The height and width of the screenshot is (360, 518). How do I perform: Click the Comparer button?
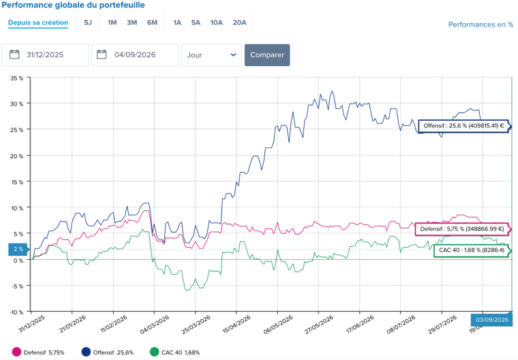[267, 55]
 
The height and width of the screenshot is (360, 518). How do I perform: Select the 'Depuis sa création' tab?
[38, 22]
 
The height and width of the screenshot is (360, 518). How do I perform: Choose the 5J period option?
[87, 22]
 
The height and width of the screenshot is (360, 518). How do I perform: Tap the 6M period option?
[152, 22]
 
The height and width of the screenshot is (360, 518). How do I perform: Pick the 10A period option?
[216, 22]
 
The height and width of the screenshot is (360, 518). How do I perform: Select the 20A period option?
[239, 22]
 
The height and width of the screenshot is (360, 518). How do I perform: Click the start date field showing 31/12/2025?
[45, 55]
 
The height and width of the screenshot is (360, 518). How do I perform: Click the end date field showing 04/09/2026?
[135, 55]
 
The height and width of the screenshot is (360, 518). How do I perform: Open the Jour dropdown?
[211, 55]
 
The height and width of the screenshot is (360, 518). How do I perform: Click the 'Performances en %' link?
[481, 25]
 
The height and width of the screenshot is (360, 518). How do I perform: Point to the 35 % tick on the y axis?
[17, 78]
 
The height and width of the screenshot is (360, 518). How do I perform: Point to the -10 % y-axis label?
[16, 312]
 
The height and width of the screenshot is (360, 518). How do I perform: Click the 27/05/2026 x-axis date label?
[318, 325]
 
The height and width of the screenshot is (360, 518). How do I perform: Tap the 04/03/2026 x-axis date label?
[154, 325]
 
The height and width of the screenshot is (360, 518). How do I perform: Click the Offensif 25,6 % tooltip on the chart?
[465, 126]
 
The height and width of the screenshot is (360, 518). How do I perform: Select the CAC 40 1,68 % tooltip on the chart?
[472, 250]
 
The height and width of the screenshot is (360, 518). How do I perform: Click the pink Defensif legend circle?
[16, 352]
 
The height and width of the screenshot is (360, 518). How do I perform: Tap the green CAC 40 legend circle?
[154, 352]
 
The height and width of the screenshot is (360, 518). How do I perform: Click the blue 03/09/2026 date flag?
[491, 320]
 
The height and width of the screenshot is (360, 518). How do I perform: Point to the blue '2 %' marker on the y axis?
[18, 250]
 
